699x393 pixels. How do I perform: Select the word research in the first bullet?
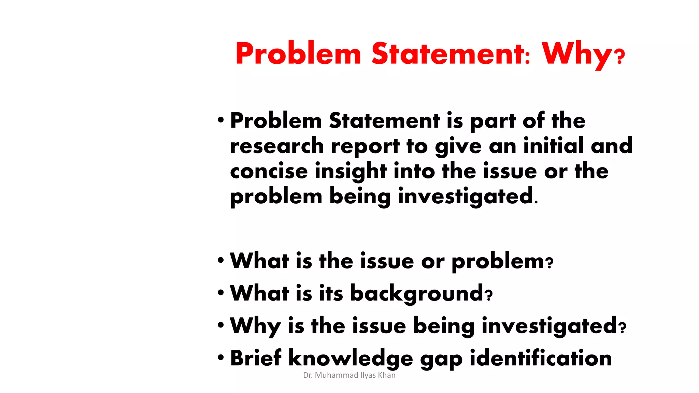click(x=277, y=146)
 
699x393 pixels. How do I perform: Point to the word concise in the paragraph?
click(x=269, y=171)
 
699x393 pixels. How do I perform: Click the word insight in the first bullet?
click(x=351, y=171)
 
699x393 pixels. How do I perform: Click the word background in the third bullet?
click(x=417, y=293)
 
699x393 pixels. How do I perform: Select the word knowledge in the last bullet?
click(x=351, y=359)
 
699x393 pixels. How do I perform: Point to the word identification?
click(x=541, y=358)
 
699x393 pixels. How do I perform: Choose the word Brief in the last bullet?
click(x=256, y=358)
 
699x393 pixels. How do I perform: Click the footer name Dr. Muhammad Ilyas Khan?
click(x=349, y=375)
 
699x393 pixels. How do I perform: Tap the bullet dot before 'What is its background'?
click(x=221, y=293)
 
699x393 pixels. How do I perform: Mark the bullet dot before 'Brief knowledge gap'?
click(x=221, y=358)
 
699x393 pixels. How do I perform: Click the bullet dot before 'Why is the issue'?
click(x=221, y=325)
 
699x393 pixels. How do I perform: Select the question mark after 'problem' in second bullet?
click(x=550, y=263)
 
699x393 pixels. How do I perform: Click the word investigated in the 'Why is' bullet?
click(x=550, y=326)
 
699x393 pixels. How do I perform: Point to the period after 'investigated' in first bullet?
click(x=536, y=203)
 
